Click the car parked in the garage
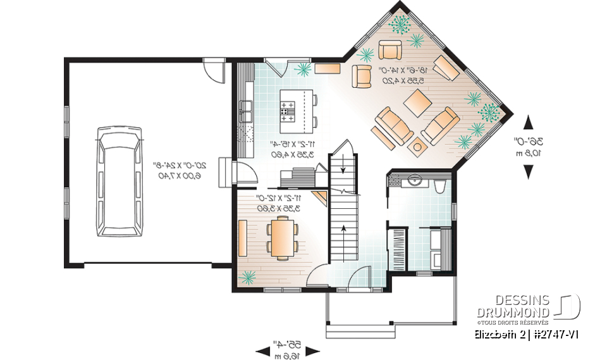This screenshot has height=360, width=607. [119, 181]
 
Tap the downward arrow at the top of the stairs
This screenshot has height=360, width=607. [342, 168]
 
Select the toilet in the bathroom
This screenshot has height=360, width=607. [441, 185]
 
